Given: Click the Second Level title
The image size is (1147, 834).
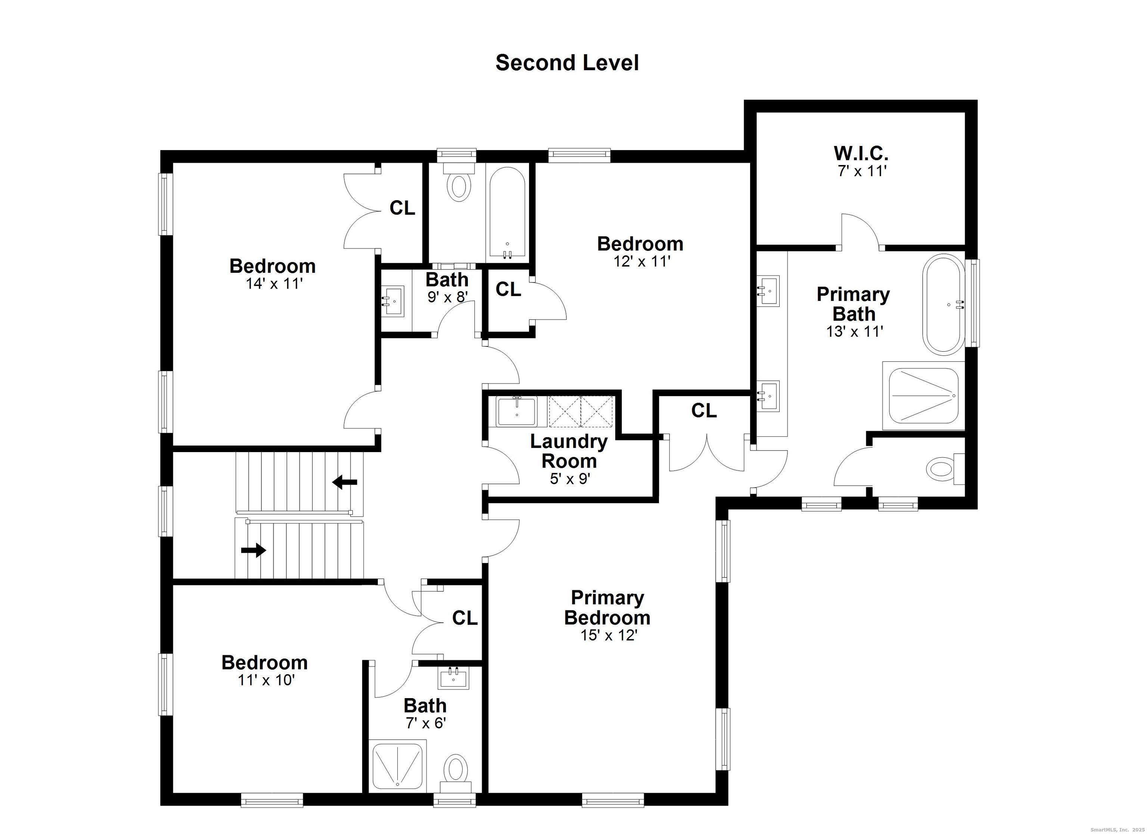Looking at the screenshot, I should pos(567,63).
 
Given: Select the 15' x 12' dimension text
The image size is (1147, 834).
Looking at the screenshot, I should pos(608,635).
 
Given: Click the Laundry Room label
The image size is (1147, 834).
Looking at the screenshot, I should pos(569,451).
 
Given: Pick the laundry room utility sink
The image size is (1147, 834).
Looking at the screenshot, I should pos(516,412).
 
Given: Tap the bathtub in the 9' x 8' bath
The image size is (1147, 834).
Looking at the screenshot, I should pos(507,214).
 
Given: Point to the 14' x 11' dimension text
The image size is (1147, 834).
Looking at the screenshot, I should pos(274,283).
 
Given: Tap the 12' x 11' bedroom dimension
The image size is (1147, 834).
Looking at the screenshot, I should pos(642,261).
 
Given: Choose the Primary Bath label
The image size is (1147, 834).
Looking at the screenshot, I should pos(853,304).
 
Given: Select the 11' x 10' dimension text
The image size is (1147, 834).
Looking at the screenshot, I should pos(266,680).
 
